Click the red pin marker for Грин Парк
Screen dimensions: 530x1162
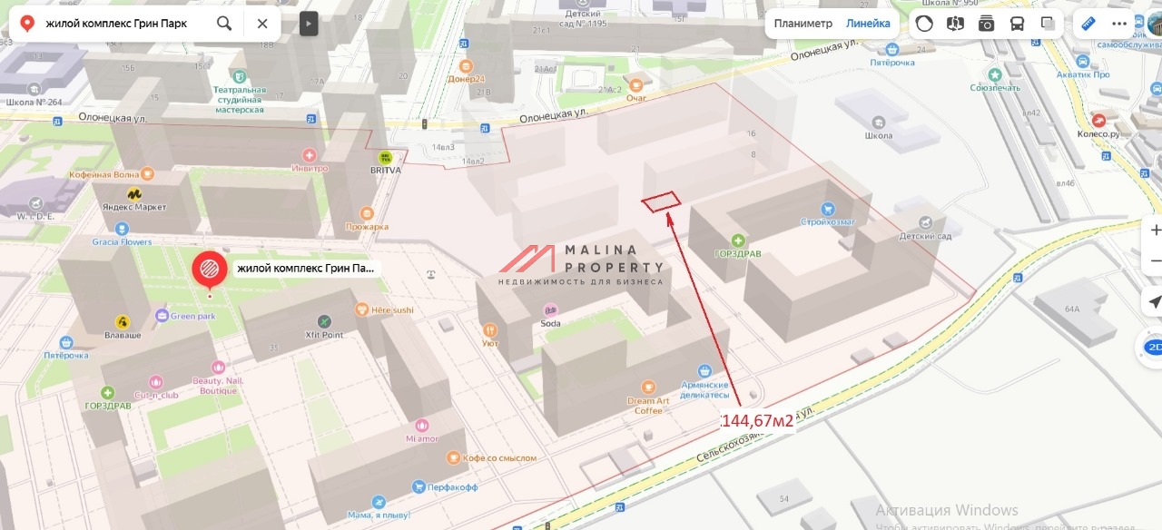click(x=210, y=269)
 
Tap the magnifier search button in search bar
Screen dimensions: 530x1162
click(x=224, y=23)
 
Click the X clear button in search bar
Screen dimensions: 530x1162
click(x=262, y=23)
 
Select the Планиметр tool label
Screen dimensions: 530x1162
click(x=803, y=24)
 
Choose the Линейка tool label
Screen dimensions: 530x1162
click(x=868, y=24)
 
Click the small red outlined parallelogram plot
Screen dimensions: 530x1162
click(x=661, y=201)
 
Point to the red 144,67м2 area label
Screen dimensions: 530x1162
click(x=756, y=421)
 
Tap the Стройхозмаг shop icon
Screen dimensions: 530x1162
click(x=827, y=209)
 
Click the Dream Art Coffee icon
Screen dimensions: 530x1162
click(x=648, y=387)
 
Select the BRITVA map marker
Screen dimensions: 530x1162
click(x=386, y=157)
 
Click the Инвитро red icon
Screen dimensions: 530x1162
click(x=310, y=155)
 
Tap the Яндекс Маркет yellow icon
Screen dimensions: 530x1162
click(x=133, y=193)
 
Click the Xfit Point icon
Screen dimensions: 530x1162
click(x=324, y=321)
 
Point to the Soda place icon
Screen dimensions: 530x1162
click(x=550, y=310)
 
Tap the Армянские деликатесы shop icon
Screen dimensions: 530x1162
click(x=704, y=371)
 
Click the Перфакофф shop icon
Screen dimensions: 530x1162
click(x=419, y=486)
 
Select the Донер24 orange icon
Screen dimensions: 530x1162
click(x=466, y=66)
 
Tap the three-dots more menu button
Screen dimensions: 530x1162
click(x=1118, y=24)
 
